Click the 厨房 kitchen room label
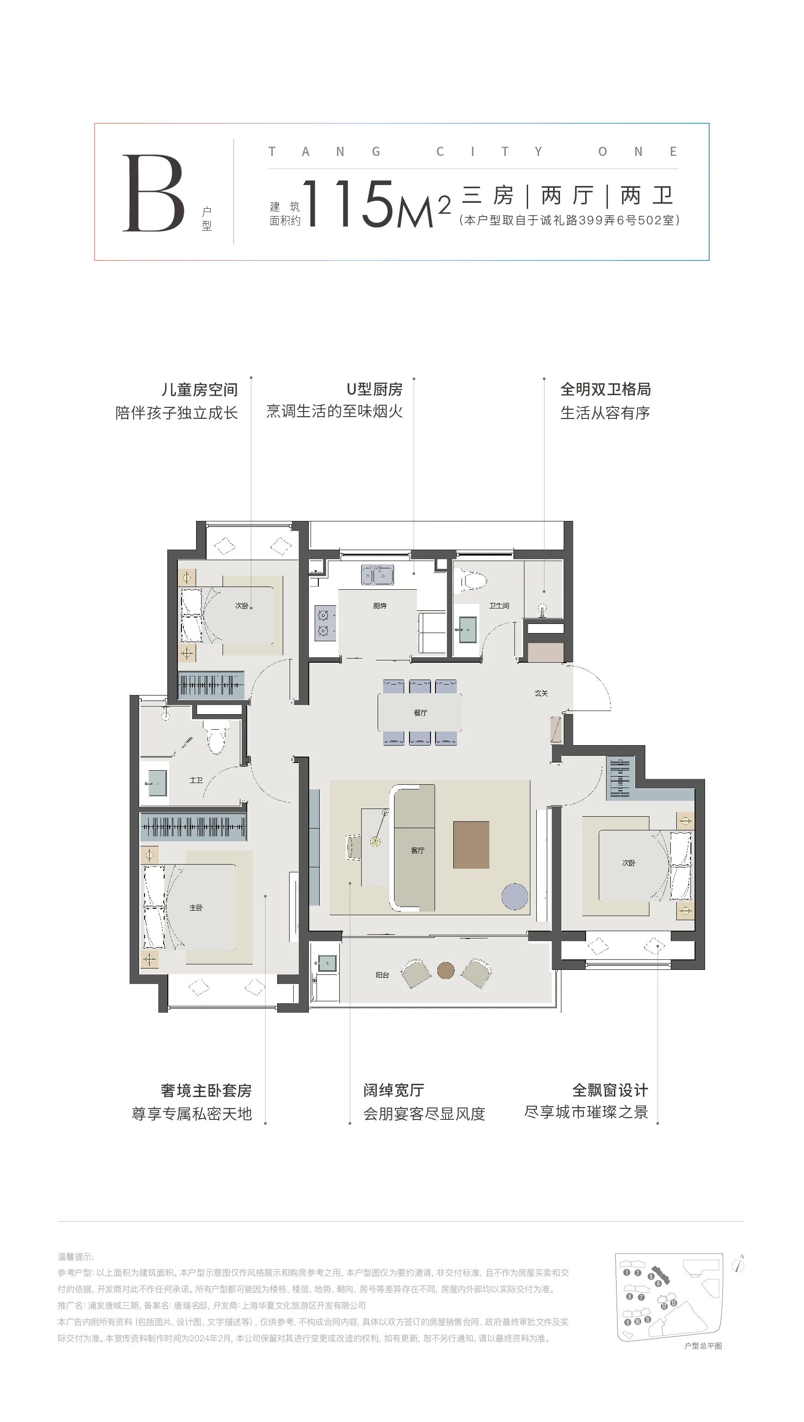pos(379,606)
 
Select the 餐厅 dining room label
pos(420,713)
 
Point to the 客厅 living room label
pos(417,850)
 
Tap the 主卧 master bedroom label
pos(196,908)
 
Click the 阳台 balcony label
pos(382,975)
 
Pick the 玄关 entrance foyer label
pos(541,693)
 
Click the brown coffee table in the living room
pos(471,845)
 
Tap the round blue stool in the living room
pos(515,896)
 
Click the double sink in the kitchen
pos(378,575)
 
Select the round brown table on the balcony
pos(446,970)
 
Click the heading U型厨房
pos(374,389)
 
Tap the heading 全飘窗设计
pos(610,1090)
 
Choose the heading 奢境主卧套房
pos(206,1091)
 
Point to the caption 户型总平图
pos(703,1346)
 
